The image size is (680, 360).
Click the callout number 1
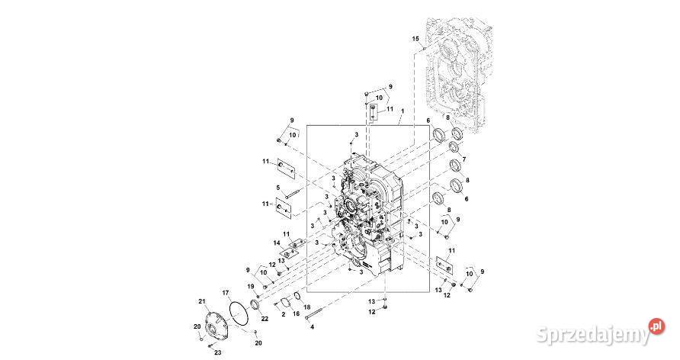pyautogui.click(x=403, y=111)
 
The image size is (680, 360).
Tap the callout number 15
pyautogui.click(x=415, y=39)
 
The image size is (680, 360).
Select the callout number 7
pyautogui.click(x=463, y=159)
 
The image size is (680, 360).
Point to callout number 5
pyautogui.click(x=278, y=188)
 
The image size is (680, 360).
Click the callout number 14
pyautogui.click(x=277, y=243)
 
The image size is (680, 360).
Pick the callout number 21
pyautogui.click(x=201, y=301)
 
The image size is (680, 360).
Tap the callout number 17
pyautogui.click(x=226, y=292)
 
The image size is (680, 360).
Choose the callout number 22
pyautogui.click(x=265, y=318)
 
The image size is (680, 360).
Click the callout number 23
pyautogui.click(x=218, y=352)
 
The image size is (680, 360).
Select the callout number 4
pyautogui.click(x=313, y=327)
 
